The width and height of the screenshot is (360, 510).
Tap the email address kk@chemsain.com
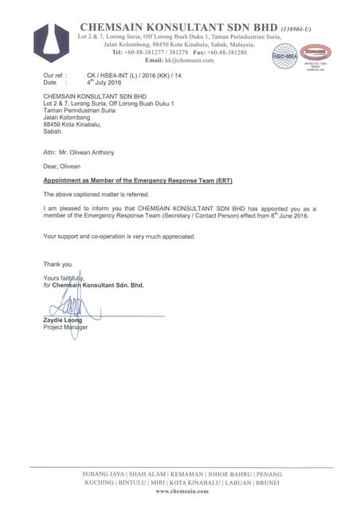[x=190, y=61]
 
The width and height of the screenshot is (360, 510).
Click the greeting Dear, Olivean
[x=64, y=166]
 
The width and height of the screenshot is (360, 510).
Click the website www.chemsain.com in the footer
[x=182, y=492]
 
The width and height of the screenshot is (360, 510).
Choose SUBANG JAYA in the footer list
[x=104, y=474]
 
